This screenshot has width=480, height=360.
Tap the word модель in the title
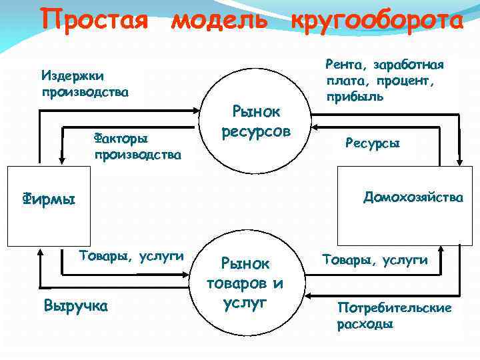click(220, 19)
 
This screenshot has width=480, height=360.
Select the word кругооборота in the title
click(377, 19)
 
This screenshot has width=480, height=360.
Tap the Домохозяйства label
click(413, 197)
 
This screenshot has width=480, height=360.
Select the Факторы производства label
click(137, 147)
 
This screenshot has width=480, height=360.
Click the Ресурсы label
click(373, 143)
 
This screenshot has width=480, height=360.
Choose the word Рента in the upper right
click(344, 65)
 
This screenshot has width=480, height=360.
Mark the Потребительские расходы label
click(395, 316)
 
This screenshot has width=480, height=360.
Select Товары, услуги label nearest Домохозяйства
click(375, 260)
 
